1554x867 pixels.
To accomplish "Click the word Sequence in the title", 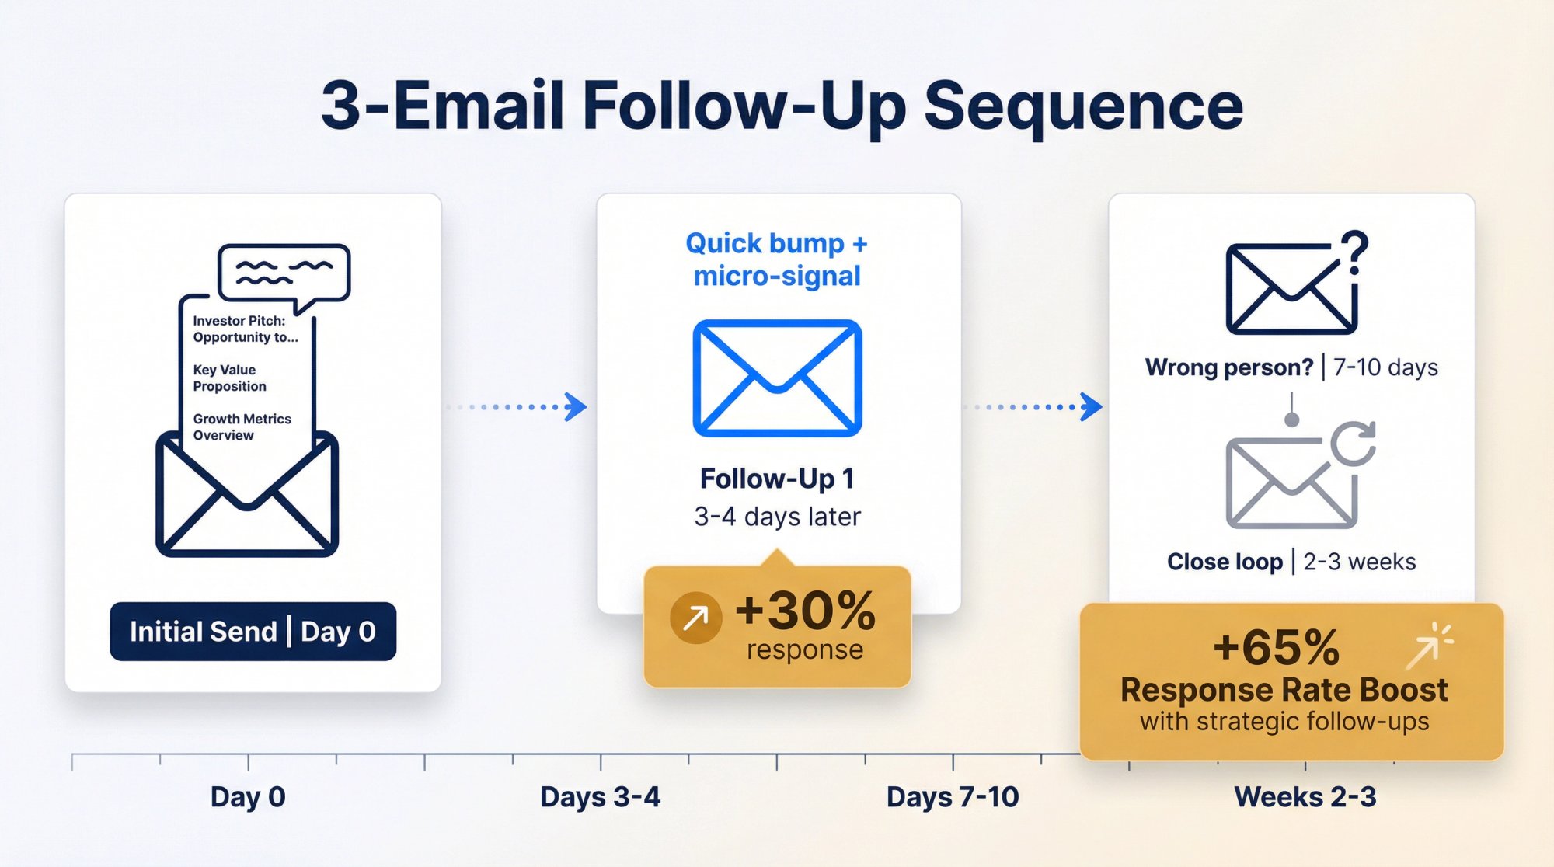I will point(1083,106).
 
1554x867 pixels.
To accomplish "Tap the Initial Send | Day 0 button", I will point(253,632).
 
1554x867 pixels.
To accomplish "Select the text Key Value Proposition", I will point(229,378).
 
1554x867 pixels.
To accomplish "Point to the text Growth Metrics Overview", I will point(242,427).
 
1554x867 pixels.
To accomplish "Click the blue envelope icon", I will point(777,378).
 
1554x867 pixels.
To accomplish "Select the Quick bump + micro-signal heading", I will point(777,259).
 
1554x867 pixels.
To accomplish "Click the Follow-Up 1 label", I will point(777,479).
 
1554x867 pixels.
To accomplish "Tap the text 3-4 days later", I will point(777,517).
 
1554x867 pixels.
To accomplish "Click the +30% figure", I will point(805,611).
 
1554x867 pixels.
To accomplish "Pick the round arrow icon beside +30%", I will point(695,618).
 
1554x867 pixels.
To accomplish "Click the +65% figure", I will point(1276,647).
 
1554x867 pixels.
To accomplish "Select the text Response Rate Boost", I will point(1284,690).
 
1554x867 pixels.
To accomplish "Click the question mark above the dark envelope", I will point(1354,252).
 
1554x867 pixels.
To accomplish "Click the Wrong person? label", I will point(1228,367).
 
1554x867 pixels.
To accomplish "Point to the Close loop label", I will point(1225,562).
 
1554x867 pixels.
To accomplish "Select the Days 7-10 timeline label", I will point(953,797).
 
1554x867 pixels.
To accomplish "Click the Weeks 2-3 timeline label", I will point(1305,797).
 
